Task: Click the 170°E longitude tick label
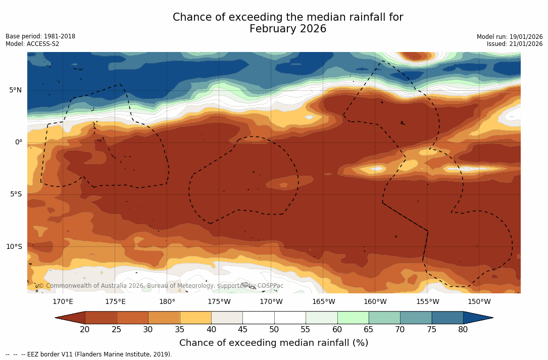tap(63, 302)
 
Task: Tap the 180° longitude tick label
tap(167, 302)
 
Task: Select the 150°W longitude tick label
tap(479, 302)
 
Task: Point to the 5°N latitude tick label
tap(16, 90)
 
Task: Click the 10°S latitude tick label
tap(14, 247)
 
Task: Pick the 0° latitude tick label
tap(19, 142)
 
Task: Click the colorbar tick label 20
tap(85, 330)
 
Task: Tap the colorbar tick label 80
tap(463, 330)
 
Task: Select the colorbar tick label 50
tap(274, 330)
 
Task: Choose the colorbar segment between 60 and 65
tap(353, 318)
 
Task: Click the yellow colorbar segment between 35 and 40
tap(195, 318)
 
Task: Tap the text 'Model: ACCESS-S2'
tap(32, 44)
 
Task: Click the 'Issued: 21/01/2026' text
tap(515, 44)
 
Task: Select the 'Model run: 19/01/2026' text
tap(510, 37)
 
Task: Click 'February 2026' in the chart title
tap(288, 29)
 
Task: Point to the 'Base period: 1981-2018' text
tap(40, 37)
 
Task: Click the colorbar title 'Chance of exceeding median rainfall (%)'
tap(274, 343)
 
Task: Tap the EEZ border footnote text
tap(89, 354)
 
